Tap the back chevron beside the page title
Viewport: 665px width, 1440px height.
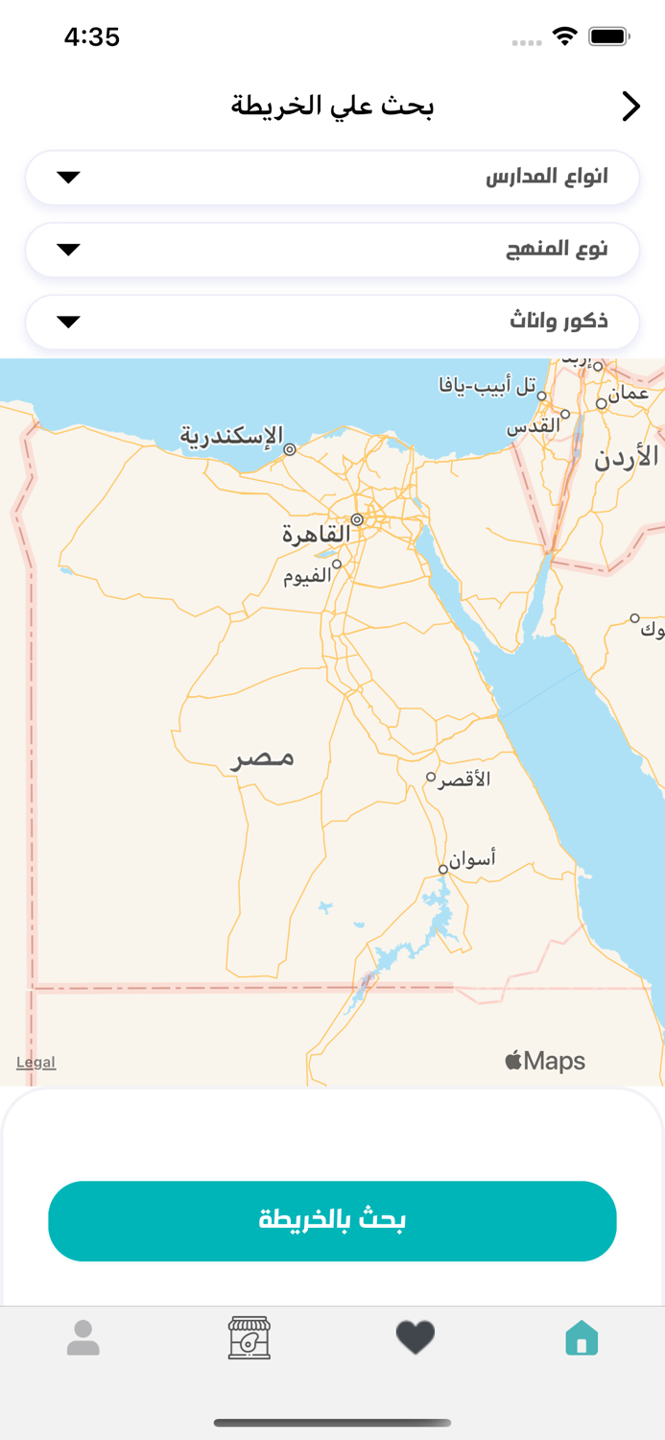tap(630, 106)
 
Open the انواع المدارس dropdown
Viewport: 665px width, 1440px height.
tap(332, 178)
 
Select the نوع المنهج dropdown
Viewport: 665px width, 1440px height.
tap(332, 250)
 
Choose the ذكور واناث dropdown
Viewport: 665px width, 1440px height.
tap(332, 322)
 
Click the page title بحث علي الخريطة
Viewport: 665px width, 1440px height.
tap(332, 106)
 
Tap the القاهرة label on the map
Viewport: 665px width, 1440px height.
tap(316, 534)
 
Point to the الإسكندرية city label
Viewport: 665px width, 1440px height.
tap(232, 437)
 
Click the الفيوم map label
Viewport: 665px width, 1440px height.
tap(307, 575)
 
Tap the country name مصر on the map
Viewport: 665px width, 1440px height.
tap(263, 758)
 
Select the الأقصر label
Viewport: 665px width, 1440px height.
tap(464, 780)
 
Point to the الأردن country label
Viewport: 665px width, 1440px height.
tap(627, 456)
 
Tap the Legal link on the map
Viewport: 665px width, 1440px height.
tap(36, 1062)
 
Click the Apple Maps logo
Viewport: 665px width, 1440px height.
tap(545, 1061)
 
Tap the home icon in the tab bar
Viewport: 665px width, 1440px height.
tap(582, 1337)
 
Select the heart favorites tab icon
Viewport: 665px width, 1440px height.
tap(416, 1337)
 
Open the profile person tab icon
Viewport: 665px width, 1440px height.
tap(83, 1337)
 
